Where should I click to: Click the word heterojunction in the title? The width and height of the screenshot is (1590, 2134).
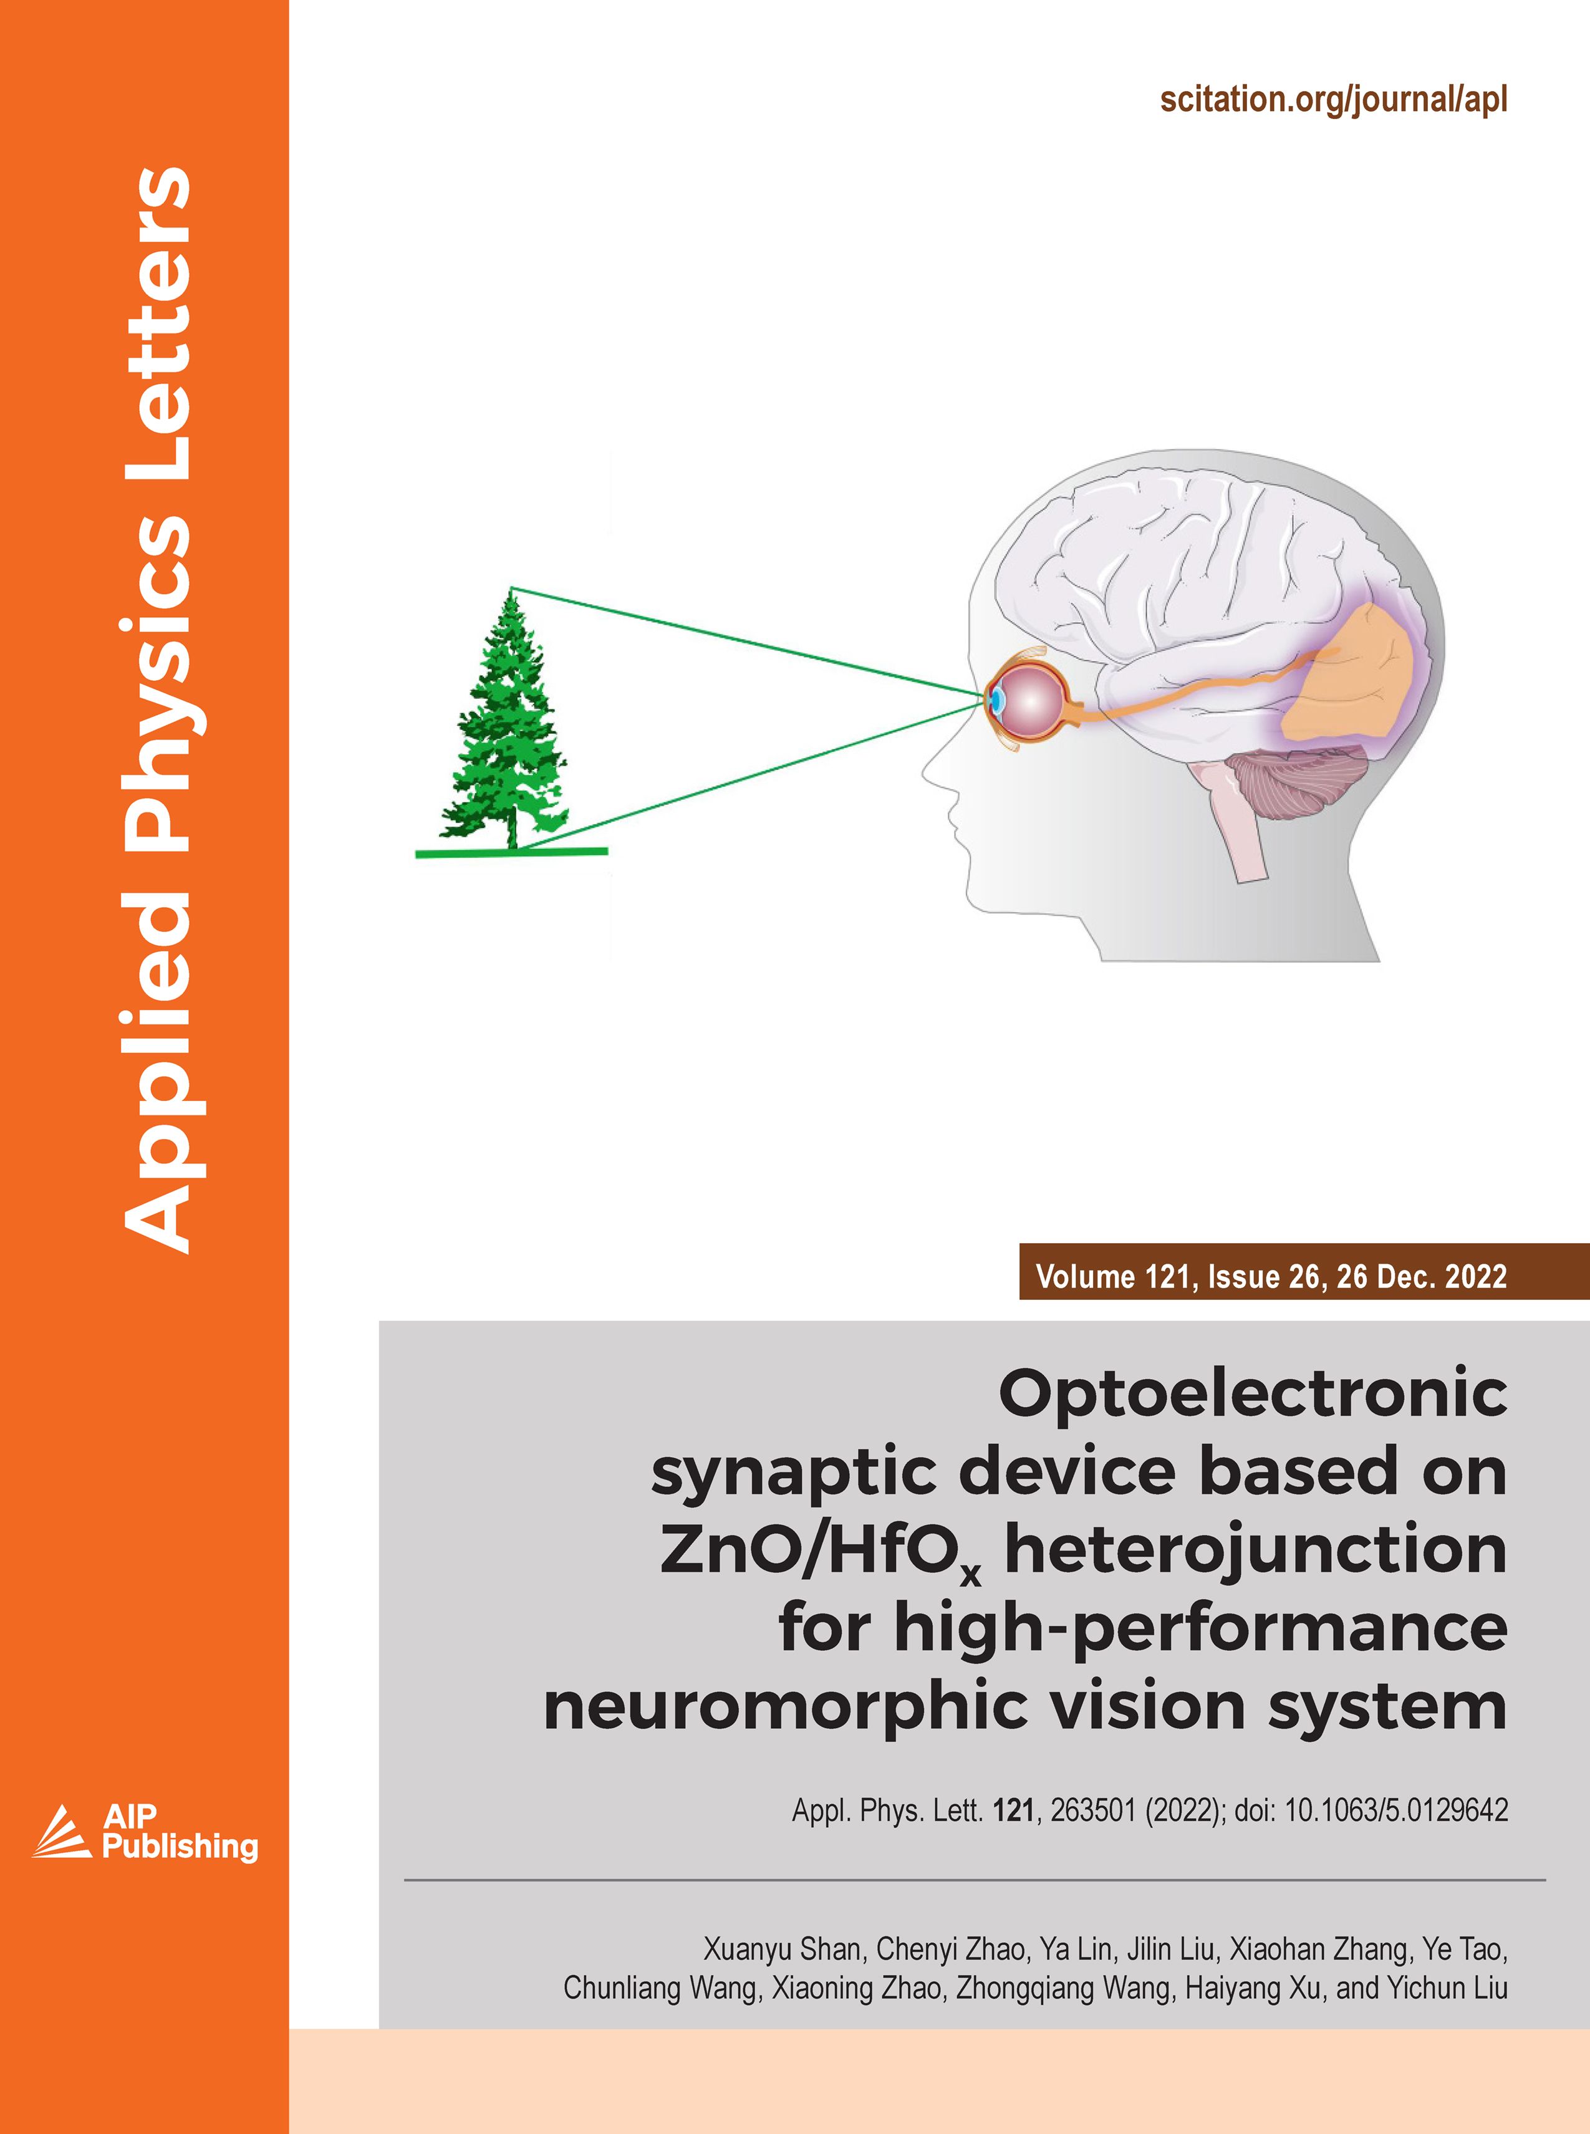tap(1256, 1551)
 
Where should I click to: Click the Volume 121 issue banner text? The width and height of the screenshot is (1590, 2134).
tap(1271, 1277)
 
